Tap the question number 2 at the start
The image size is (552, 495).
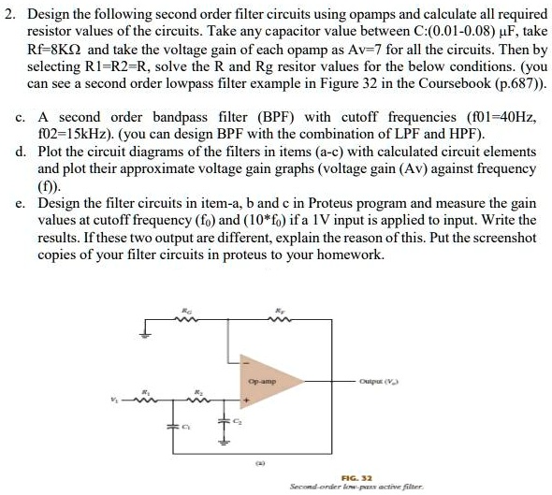11,13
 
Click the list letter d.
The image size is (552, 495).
20,153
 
